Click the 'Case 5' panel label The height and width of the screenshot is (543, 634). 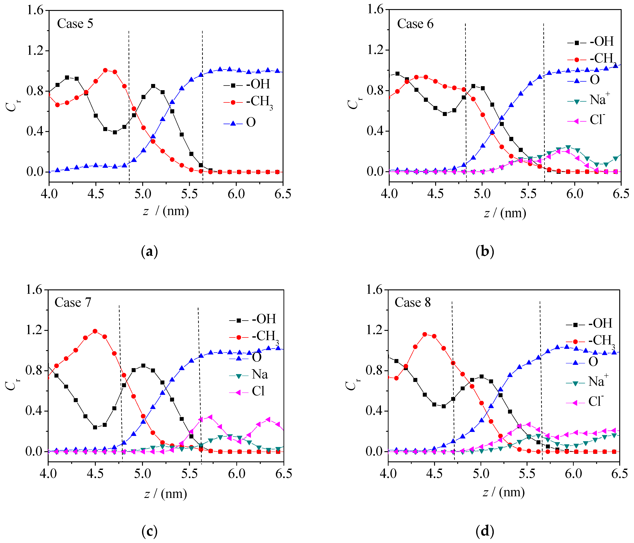(x=75, y=23)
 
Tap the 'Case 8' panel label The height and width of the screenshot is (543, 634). (x=412, y=302)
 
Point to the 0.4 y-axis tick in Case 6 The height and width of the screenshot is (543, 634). (x=375, y=131)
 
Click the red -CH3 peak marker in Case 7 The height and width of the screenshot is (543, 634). (x=95, y=331)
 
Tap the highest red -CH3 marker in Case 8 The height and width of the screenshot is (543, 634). (x=425, y=334)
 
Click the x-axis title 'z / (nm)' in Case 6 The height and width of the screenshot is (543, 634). (x=505, y=213)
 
